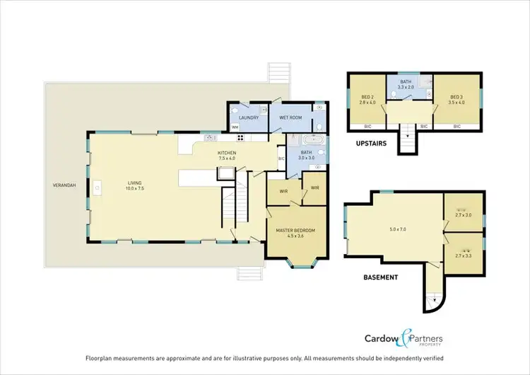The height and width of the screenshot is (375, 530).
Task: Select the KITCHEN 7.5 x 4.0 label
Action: click(226, 156)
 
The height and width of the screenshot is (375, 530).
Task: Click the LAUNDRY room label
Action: click(249, 117)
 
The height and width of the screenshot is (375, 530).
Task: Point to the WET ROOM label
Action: click(290, 117)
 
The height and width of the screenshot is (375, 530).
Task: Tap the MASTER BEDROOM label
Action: click(295, 233)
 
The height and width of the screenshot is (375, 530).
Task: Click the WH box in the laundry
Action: click(235, 127)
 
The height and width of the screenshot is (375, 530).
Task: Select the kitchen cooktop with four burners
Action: click(240, 138)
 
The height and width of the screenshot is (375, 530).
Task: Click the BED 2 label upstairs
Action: click(367, 99)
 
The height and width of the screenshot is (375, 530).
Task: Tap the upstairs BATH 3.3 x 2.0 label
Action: click(406, 83)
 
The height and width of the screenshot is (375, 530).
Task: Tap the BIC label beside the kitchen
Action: click(281, 158)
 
